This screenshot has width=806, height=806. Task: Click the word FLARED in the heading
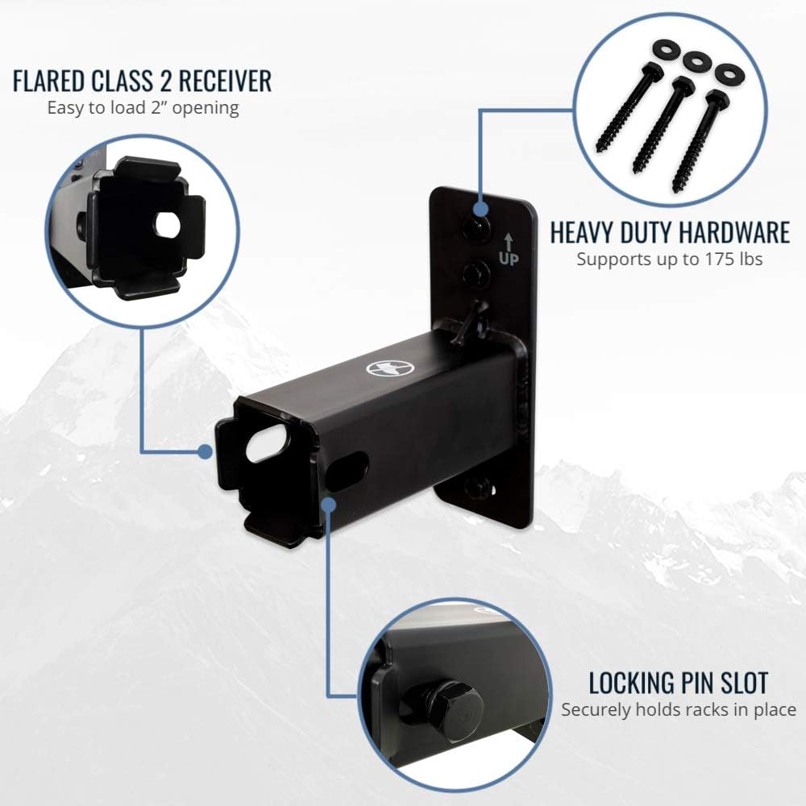[x=49, y=81]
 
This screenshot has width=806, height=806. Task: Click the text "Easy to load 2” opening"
[x=143, y=109]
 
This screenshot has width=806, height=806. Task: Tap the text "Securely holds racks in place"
[x=679, y=709]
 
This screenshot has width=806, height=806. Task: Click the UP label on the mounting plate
[x=509, y=259]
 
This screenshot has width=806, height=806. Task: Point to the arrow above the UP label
[x=509, y=242]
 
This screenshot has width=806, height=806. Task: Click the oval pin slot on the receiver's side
[x=347, y=469]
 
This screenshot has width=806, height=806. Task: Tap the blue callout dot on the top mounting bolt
[x=480, y=209]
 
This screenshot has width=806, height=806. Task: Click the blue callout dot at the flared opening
[x=205, y=452]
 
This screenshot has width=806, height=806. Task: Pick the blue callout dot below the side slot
[x=329, y=505]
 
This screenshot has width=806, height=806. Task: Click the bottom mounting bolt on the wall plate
[x=476, y=486]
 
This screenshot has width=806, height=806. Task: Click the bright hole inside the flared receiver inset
[x=168, y=225]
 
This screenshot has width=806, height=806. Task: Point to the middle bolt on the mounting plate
[x=476, y=273]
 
